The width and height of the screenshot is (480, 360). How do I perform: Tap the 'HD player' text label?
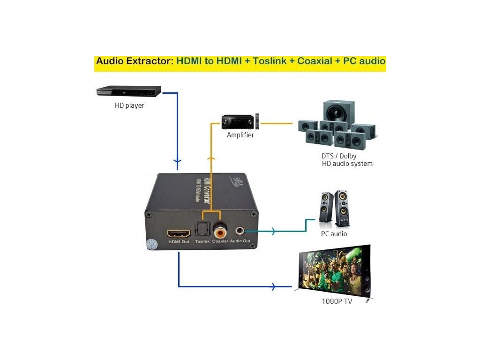pos(129,105)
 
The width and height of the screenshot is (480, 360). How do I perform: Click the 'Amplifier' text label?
pos(240,135)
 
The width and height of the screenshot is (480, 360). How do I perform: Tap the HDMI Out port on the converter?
pos(178,232)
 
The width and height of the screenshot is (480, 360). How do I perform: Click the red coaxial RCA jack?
pos(219,231)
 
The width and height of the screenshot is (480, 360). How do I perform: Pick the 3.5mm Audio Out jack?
pos(240,231)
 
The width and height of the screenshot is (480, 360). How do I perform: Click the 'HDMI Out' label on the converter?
pos(179,241)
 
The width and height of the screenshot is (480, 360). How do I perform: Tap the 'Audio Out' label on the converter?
pos(240,241)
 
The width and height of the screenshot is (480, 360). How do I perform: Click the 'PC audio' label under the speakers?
pos(334,233)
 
